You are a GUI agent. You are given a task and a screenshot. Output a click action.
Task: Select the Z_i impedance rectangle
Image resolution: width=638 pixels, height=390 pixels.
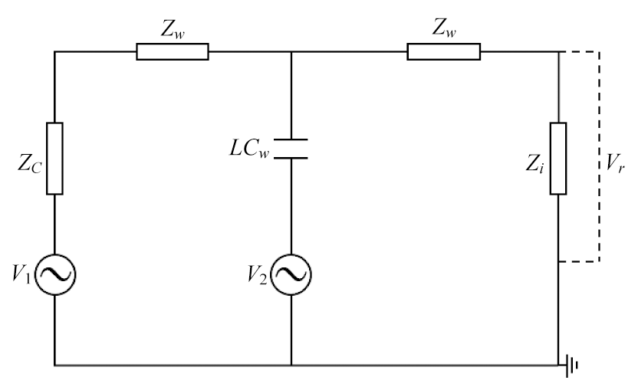tap(558, 159)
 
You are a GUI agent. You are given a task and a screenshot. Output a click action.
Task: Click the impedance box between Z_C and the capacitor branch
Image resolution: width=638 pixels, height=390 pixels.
tap(173, 51)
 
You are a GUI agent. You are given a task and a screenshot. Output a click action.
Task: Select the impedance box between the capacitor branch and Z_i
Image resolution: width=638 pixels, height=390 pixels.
tap(443, 51)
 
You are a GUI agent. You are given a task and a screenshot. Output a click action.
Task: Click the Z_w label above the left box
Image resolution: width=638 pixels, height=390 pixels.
tap(173, 28)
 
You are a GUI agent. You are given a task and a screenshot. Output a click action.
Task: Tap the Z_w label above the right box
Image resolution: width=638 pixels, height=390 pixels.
tap(444, 28)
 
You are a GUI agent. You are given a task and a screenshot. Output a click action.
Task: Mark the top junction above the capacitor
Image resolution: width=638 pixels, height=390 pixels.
tap(291, 51)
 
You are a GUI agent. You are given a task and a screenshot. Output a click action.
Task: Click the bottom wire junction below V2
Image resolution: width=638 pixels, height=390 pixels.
tap(291, 365)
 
